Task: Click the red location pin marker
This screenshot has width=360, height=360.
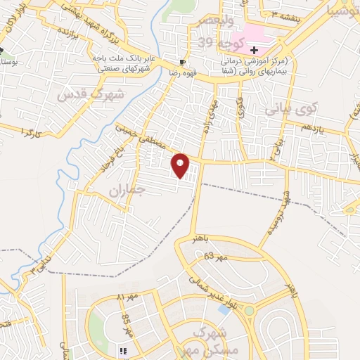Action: click(181, 165)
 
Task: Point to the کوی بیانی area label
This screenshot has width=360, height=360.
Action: click(291, 110)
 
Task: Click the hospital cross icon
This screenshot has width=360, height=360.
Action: click(254, 50)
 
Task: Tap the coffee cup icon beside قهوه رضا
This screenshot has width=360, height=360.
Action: click(183, 62)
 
